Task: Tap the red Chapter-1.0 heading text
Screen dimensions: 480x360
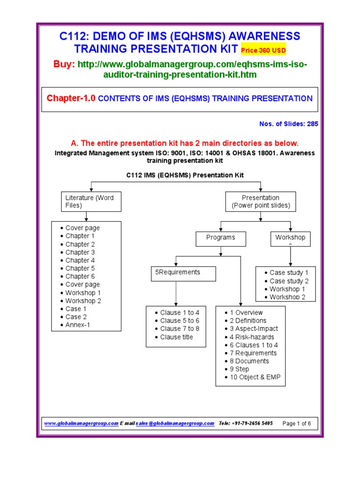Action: pos(71,98)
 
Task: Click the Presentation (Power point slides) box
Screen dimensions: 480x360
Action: pos(261,202)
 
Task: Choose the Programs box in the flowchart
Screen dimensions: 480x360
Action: pos(220,238)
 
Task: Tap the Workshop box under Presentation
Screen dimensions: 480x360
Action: pos(290,238)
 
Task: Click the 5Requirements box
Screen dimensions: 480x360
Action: pos(183,273)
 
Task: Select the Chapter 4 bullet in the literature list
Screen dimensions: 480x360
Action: pos(80,260)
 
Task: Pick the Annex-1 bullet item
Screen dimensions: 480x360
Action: pos(78,325)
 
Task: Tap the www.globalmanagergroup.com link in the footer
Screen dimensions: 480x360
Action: pos(81,423)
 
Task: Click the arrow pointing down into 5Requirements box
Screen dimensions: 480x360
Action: pos(175,263)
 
